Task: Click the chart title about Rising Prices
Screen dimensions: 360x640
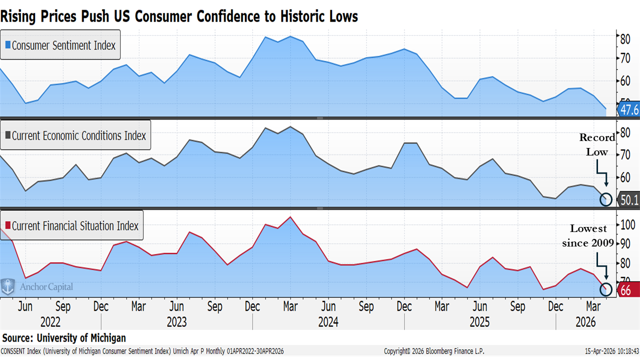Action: click(x=179, y=16)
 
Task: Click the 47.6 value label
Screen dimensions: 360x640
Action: click(x=629, y=109)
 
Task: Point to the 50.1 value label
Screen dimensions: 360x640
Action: click(x=629, y=200)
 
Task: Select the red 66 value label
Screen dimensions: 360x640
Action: click(x=626, y=290)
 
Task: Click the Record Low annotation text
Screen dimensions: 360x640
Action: click(x=597, y=144)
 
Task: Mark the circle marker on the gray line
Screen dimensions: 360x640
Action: click(x=605, y=199)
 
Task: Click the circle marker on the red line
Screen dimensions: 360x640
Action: click(x=605, y=289)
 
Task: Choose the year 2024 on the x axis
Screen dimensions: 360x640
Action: click(x=328, y=321)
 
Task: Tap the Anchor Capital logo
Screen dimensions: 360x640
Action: click(x=37, y=287)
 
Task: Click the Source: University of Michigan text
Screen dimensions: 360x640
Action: click(x=64, y=338)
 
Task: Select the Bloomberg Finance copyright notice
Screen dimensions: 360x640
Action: click(x=434, y=351)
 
